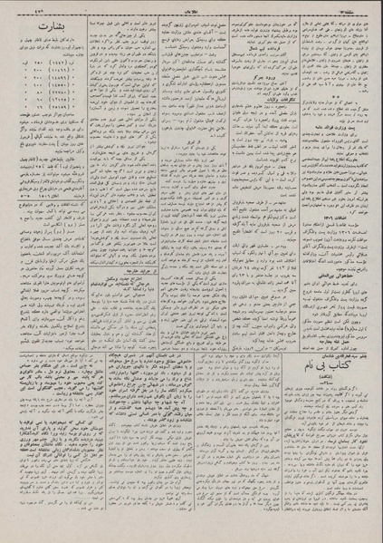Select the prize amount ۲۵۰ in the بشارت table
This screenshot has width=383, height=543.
pos(21,75)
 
